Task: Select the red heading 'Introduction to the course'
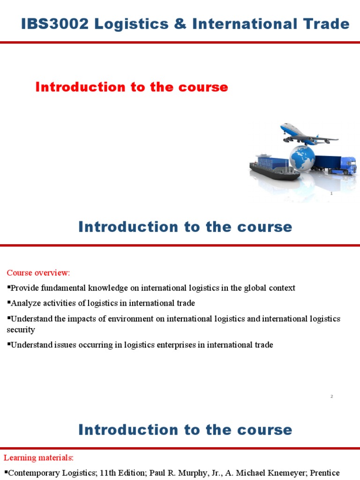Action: pos(132,87)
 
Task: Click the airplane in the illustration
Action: pos(307,134)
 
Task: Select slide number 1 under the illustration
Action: pos(331,194)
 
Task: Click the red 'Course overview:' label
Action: pos(38,273)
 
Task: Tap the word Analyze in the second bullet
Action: pos(26,303)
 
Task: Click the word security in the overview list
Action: pos(21,330)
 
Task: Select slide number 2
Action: pos(331,397)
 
